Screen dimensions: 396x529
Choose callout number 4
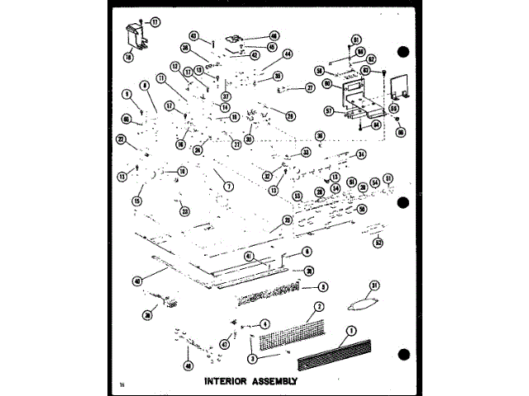[265, 323]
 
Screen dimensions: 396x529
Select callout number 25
[287, 220]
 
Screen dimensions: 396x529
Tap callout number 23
[185, 210]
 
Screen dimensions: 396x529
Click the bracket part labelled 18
[134, 37]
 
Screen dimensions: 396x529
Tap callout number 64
[377, 125]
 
